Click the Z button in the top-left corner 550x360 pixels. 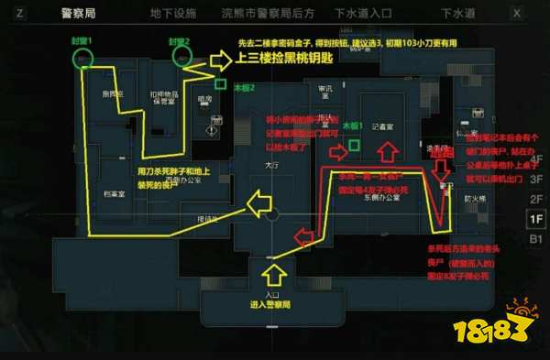click(20, 14)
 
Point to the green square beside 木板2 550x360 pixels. click(220, 83)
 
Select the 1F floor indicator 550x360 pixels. click(534, 218)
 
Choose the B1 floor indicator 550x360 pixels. click(534, 239)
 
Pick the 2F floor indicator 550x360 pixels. click(534, 197)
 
